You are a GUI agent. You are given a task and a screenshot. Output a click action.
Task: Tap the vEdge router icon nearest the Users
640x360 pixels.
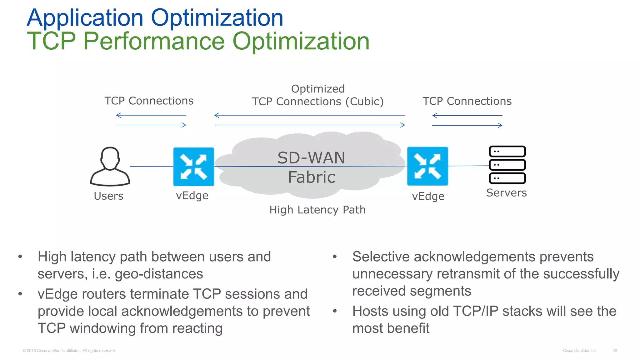[193, 167]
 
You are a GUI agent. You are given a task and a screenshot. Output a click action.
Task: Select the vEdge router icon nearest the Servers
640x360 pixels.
[427, 166]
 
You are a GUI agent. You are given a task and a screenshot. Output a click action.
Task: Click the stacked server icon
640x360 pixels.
[507, 165]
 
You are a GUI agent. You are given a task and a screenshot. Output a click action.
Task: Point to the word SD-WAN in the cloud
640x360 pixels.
[311, 158]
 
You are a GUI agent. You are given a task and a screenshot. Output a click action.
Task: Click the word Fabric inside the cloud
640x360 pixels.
[312, 177]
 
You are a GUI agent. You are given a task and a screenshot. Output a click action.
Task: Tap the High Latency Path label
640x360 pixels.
[317, 210]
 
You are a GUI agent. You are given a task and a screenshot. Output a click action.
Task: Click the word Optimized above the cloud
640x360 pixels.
[318, 89]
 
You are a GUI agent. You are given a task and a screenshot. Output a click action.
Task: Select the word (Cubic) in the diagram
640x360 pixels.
[364, 102]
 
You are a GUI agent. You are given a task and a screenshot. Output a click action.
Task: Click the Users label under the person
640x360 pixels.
[108, 196]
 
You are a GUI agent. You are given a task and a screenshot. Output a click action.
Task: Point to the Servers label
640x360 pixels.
[506, 193]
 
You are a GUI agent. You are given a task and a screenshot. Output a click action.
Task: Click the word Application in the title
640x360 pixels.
[85, 18]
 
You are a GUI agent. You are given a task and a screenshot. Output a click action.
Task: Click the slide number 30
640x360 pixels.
[614, 350]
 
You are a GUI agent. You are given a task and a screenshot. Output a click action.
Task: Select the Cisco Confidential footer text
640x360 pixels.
[579, 351]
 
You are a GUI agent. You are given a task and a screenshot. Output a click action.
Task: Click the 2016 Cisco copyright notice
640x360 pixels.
[69, 351]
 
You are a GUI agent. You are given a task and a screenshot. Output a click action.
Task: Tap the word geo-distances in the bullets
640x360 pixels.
[159, 274]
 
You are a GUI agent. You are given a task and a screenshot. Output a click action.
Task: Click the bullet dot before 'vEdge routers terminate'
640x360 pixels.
[20, 294]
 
